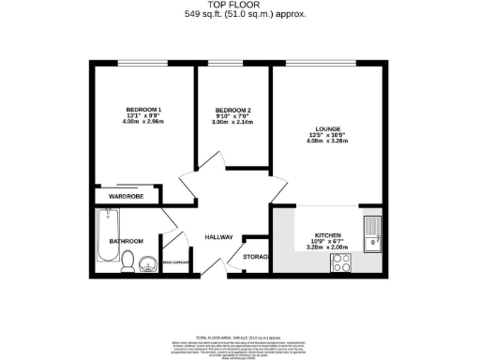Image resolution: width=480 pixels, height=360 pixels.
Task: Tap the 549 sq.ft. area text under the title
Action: pos(240,15)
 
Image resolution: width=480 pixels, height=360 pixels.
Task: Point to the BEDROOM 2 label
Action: pos(232,110)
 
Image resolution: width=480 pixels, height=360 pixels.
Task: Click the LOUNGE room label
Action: pos(327,128)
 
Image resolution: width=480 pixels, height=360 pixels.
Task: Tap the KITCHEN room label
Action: pos(327,234)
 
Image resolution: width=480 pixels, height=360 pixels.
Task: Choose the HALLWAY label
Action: pos(218,237)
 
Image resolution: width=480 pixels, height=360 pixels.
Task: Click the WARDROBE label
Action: pos(126,197)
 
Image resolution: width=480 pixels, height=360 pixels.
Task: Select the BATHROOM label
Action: pos(126,241)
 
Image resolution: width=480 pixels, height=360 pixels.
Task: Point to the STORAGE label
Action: pos(256,257)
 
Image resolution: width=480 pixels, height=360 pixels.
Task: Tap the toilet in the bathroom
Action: pos(128,263)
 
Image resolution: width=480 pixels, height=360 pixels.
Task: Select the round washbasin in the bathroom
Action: pos(148,266)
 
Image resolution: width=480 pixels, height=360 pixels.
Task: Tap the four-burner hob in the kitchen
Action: pos(341,264)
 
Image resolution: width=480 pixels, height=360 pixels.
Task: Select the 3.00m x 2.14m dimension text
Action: pos(232,123)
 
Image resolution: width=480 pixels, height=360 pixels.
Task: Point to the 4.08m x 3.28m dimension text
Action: pos(327,142)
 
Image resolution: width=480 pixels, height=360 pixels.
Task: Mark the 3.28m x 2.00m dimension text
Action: pos(327,247)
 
